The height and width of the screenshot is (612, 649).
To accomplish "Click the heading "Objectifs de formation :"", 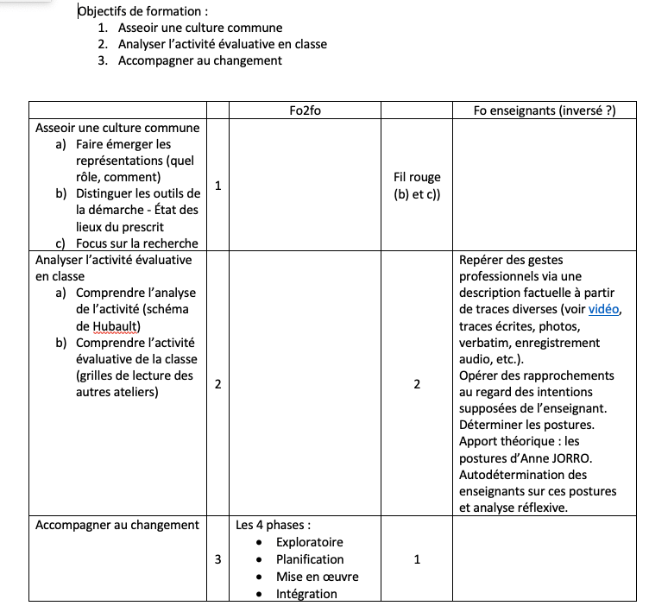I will [x=143, y=11].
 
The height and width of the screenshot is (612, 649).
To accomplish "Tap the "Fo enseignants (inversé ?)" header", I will [x=545, y=110].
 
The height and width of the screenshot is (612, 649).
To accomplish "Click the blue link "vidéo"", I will [x=603, y=309].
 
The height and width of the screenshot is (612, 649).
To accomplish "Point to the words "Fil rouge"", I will [x=417, y=177].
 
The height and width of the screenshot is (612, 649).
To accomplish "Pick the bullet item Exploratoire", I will [x=309, y=542].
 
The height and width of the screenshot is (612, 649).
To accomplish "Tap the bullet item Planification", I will [x=310, y=559].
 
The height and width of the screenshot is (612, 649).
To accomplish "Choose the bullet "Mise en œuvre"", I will [x=317, y=577].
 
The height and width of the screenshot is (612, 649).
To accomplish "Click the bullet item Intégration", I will [x=306, y=594].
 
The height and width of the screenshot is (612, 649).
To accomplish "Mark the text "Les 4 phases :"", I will [x=273, y=525].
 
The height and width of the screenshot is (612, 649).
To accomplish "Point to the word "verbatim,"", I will [x=487, y=343].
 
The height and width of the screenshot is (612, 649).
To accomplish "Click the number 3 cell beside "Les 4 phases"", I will [x=217, y=559].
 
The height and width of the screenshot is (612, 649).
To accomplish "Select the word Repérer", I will [x=481, y=260].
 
